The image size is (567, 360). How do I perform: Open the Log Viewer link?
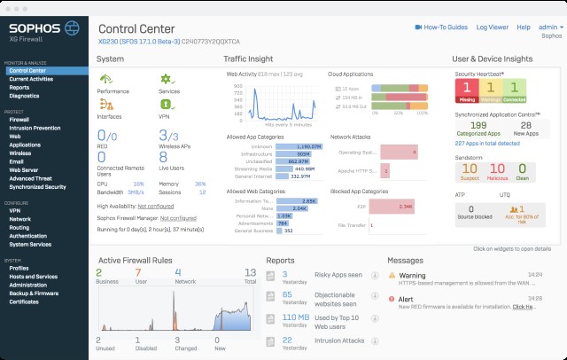point(493,27)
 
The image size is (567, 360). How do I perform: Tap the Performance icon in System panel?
point(106,81)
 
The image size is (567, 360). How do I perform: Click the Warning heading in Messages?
point(413,276)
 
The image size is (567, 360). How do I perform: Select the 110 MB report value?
point(295,316)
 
